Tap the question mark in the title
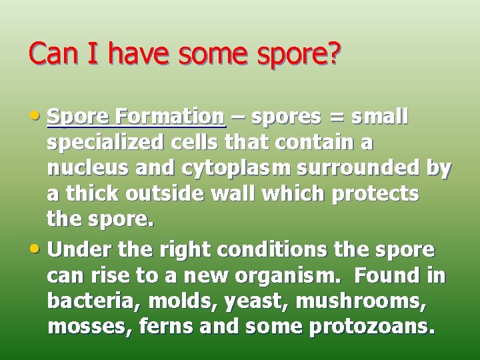(x=333, y=53)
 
